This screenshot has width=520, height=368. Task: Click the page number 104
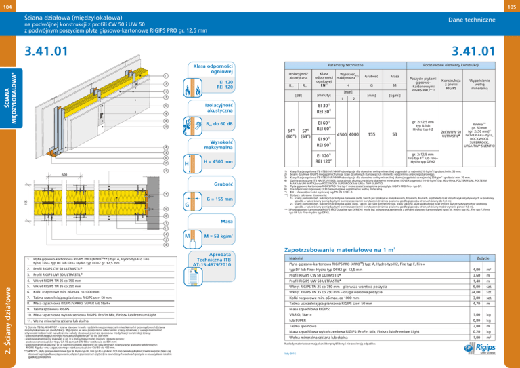tap(8, 6)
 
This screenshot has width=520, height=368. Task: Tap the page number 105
tap(511, 6)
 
